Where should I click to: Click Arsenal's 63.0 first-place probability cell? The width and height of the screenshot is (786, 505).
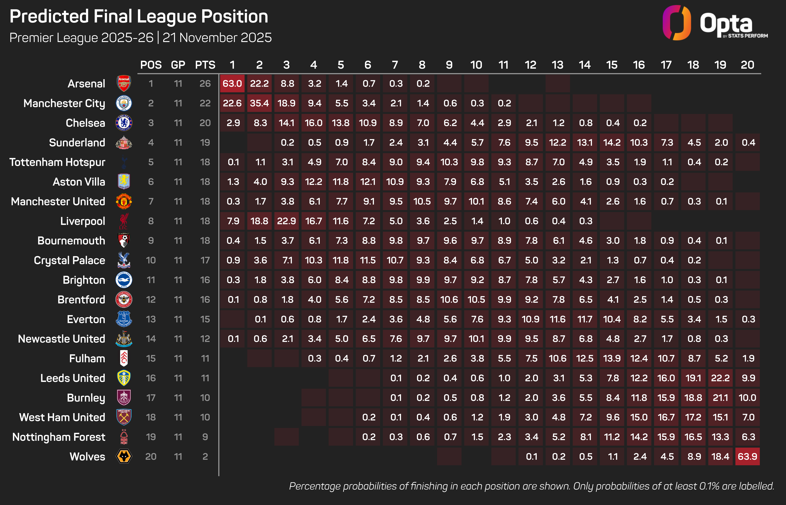232,84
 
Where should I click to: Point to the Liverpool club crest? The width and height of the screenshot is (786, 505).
124,221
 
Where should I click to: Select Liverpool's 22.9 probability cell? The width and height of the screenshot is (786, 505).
286,221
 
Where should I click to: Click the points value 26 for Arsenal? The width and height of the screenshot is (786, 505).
205,84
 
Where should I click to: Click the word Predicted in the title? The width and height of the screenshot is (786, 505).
49,16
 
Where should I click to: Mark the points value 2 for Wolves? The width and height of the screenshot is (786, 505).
205,457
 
